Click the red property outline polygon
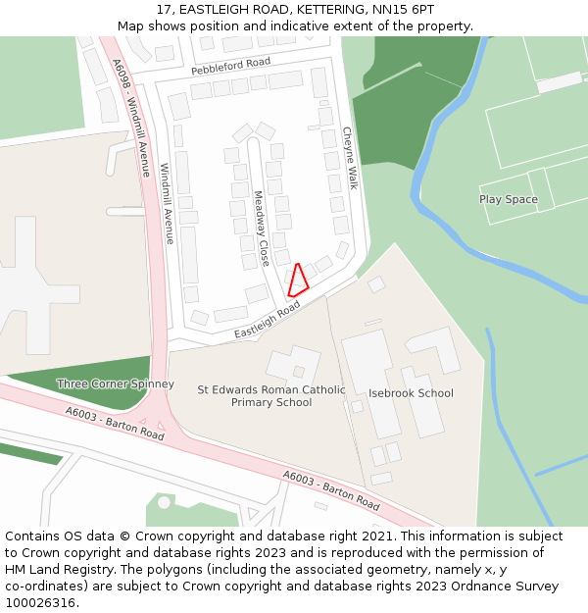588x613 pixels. pos(299,281)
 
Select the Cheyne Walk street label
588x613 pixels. pos(351,158)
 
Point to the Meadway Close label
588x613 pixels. pos(262,229)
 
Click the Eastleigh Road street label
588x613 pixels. pos(268,321)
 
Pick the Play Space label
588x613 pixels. pos(508,199)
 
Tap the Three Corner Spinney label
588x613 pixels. pos(115,383)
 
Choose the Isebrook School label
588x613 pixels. pos(411,393)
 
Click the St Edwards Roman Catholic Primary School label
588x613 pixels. pos(271,396)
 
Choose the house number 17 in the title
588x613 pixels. pos(164,10)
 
